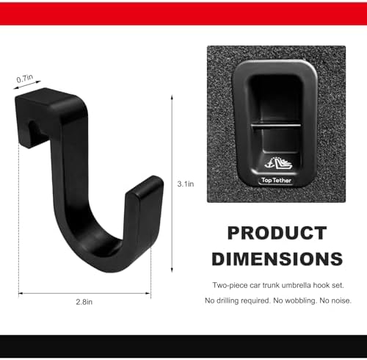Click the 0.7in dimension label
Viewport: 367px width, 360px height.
point(25,79)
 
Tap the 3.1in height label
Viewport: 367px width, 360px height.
point(186,184)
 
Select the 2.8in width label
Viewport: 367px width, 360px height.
point(84,302)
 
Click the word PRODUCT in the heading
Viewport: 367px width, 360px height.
point(277,233)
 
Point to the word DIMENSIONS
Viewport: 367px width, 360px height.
point(277,259)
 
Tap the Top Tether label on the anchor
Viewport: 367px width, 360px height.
point(276,181)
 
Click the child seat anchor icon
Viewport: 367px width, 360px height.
point(278,163)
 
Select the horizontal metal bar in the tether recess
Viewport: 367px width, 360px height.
point(276,126)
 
